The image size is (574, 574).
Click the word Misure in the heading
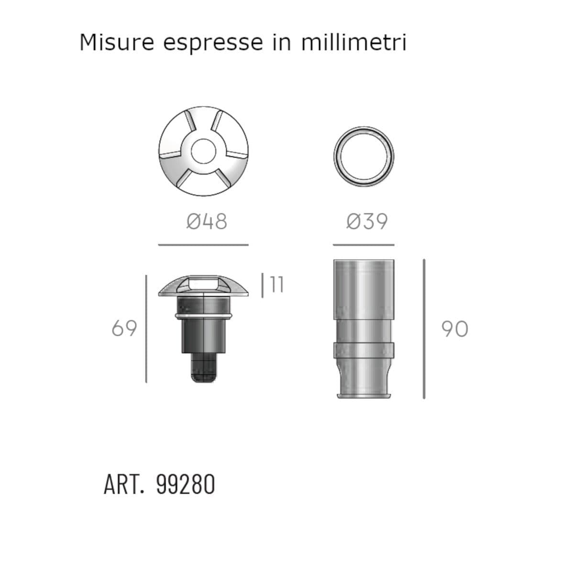(117, 42)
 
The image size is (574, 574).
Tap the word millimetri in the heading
(354, 42)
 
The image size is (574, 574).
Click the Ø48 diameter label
(207, 221)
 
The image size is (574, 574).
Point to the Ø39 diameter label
(367, 221)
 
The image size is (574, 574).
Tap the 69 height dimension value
(124, 328)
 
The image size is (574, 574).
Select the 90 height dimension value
(454, 329)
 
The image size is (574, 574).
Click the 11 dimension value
(277, 284)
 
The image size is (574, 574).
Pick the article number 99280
(185, 485)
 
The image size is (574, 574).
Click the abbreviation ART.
(124, 485)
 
